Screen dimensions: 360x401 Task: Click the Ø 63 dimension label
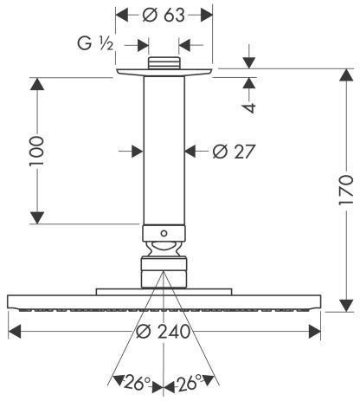coord(164,15)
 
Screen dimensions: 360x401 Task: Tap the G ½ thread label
coord(95,44)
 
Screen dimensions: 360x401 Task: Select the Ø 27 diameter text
coord(234,152)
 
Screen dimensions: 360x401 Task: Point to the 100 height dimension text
coord(36,151)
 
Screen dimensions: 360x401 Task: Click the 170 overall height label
coord(346,190)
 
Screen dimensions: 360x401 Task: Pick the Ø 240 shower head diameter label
coord(163,331)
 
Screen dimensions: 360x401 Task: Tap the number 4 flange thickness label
coord(249,107)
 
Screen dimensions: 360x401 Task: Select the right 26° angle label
coord(190,383)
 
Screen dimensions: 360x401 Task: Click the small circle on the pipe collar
coord(164,233)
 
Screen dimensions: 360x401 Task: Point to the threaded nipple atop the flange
coord(164,63)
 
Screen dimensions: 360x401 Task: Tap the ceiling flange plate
coord(164,72)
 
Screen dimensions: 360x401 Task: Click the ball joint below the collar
coord(164,249)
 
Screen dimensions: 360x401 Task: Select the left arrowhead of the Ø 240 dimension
coord(15,331)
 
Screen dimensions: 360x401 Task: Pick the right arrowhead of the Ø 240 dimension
coord(315,331)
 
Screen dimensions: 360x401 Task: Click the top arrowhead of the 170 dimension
coord(346,75)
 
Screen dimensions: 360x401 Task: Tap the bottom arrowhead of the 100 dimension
coord(37,217)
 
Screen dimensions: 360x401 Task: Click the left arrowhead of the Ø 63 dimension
coord(121,15)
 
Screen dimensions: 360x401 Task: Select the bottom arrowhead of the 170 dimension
coord(346,306)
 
